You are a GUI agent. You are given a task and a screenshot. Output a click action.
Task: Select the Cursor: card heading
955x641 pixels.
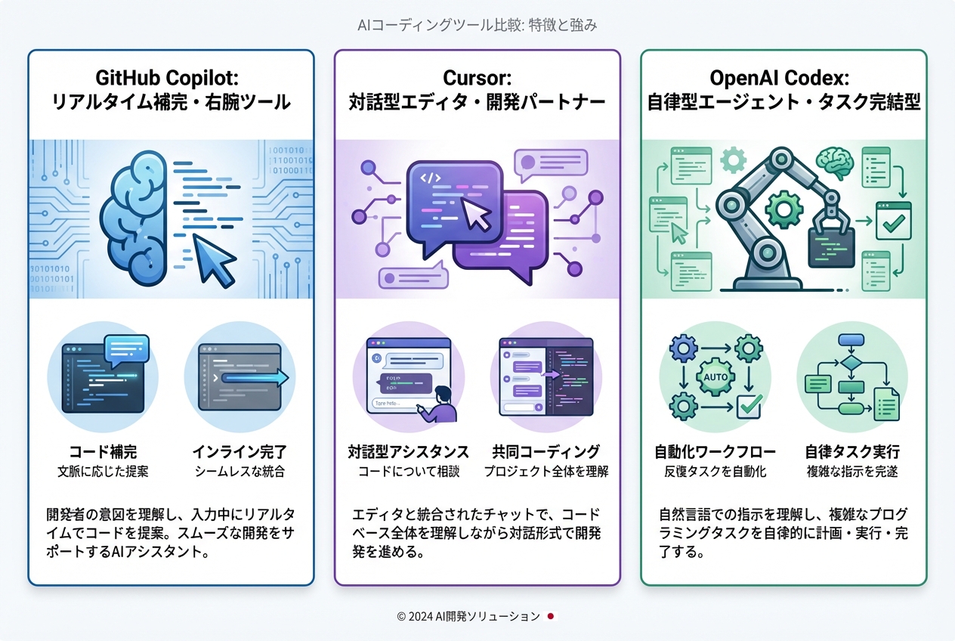477,78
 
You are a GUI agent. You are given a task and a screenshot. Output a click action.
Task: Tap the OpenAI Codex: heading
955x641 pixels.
783,78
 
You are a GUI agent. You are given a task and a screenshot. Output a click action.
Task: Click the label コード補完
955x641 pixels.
103,452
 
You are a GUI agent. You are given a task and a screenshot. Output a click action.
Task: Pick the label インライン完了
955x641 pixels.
239,452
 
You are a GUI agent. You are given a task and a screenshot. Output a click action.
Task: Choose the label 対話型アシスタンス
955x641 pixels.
409,452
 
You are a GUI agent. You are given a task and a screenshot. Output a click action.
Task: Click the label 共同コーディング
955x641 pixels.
545,452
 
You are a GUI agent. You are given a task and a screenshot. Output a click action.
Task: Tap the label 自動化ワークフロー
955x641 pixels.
715,452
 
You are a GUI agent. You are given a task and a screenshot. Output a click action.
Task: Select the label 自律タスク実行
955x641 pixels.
852,452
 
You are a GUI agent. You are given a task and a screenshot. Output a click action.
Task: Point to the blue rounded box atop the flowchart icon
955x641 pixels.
851,339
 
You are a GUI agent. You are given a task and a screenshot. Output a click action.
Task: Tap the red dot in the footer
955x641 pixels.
551,616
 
